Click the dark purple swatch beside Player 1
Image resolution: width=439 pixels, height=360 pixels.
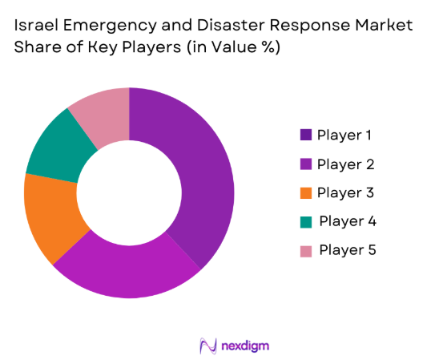[305, 134]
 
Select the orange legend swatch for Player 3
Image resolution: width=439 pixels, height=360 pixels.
[305, 192]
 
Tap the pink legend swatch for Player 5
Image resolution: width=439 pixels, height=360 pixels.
[305, 249]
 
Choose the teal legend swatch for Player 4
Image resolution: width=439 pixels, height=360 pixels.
[305, 220]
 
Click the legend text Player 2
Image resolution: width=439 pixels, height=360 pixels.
[344, 164]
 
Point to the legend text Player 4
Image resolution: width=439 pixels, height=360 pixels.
[346, 220]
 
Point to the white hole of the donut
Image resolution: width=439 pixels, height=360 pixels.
[129, 193]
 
